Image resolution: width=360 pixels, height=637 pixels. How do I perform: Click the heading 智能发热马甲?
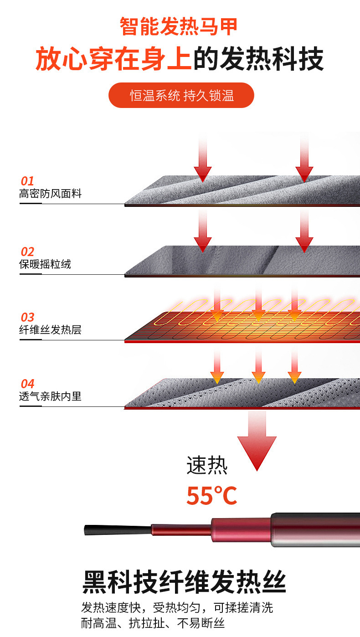179,26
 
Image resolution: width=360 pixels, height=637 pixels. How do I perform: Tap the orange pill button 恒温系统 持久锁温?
181,95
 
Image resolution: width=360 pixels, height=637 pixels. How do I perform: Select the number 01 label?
27,181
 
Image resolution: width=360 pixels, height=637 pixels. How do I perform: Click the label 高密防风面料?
50,194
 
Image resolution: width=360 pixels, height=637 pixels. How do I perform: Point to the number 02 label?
27,252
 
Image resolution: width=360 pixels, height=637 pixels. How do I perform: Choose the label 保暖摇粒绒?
45,264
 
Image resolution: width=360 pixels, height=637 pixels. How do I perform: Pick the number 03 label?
27,318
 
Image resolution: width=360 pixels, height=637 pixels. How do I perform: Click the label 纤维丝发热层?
50,330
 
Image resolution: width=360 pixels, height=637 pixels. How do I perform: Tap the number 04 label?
27,384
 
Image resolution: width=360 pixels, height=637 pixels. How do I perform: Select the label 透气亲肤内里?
50,396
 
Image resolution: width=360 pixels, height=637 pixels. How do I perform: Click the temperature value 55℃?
211,496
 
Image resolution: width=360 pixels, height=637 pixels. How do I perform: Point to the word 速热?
207,466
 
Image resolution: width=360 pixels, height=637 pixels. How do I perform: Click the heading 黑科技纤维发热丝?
184,582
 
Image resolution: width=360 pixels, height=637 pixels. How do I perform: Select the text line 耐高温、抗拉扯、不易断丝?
153,623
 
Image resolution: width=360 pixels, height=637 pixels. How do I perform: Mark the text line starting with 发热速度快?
177,608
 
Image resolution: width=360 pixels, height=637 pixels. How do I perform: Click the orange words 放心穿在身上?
114,59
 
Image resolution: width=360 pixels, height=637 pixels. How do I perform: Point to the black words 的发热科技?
258,59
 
